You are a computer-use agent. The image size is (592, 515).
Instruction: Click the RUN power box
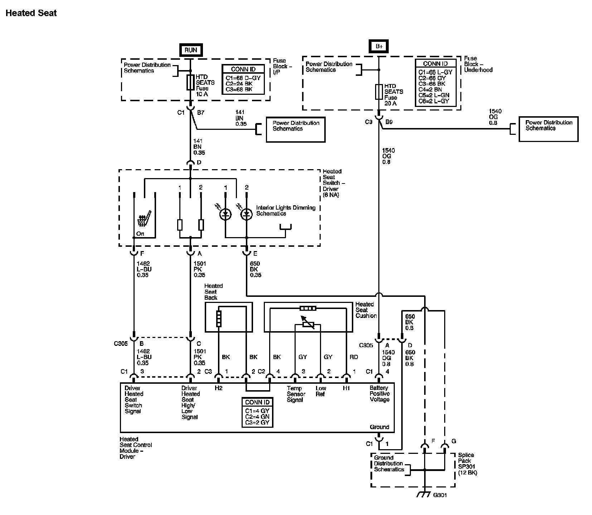191,50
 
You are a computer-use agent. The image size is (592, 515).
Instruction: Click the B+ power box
379,46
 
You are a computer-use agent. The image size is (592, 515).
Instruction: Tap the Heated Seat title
31,13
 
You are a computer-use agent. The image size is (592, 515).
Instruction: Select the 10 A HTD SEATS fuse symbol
190,82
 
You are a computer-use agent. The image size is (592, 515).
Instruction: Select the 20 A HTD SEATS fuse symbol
379,92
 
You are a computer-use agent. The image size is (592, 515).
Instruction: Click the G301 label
440,495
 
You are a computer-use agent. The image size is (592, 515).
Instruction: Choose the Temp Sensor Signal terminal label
296,394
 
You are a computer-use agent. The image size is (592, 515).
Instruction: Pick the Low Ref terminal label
321,391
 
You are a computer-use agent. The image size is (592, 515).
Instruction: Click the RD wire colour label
354,357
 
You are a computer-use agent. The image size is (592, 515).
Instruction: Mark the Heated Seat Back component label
213,292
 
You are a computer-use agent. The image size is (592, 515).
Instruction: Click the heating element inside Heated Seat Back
219,319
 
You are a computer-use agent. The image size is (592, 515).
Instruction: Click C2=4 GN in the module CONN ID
257,417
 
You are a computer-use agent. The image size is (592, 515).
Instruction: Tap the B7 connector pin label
201,113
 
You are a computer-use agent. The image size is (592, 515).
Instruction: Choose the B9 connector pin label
389,122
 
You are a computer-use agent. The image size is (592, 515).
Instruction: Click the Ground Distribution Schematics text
389,463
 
